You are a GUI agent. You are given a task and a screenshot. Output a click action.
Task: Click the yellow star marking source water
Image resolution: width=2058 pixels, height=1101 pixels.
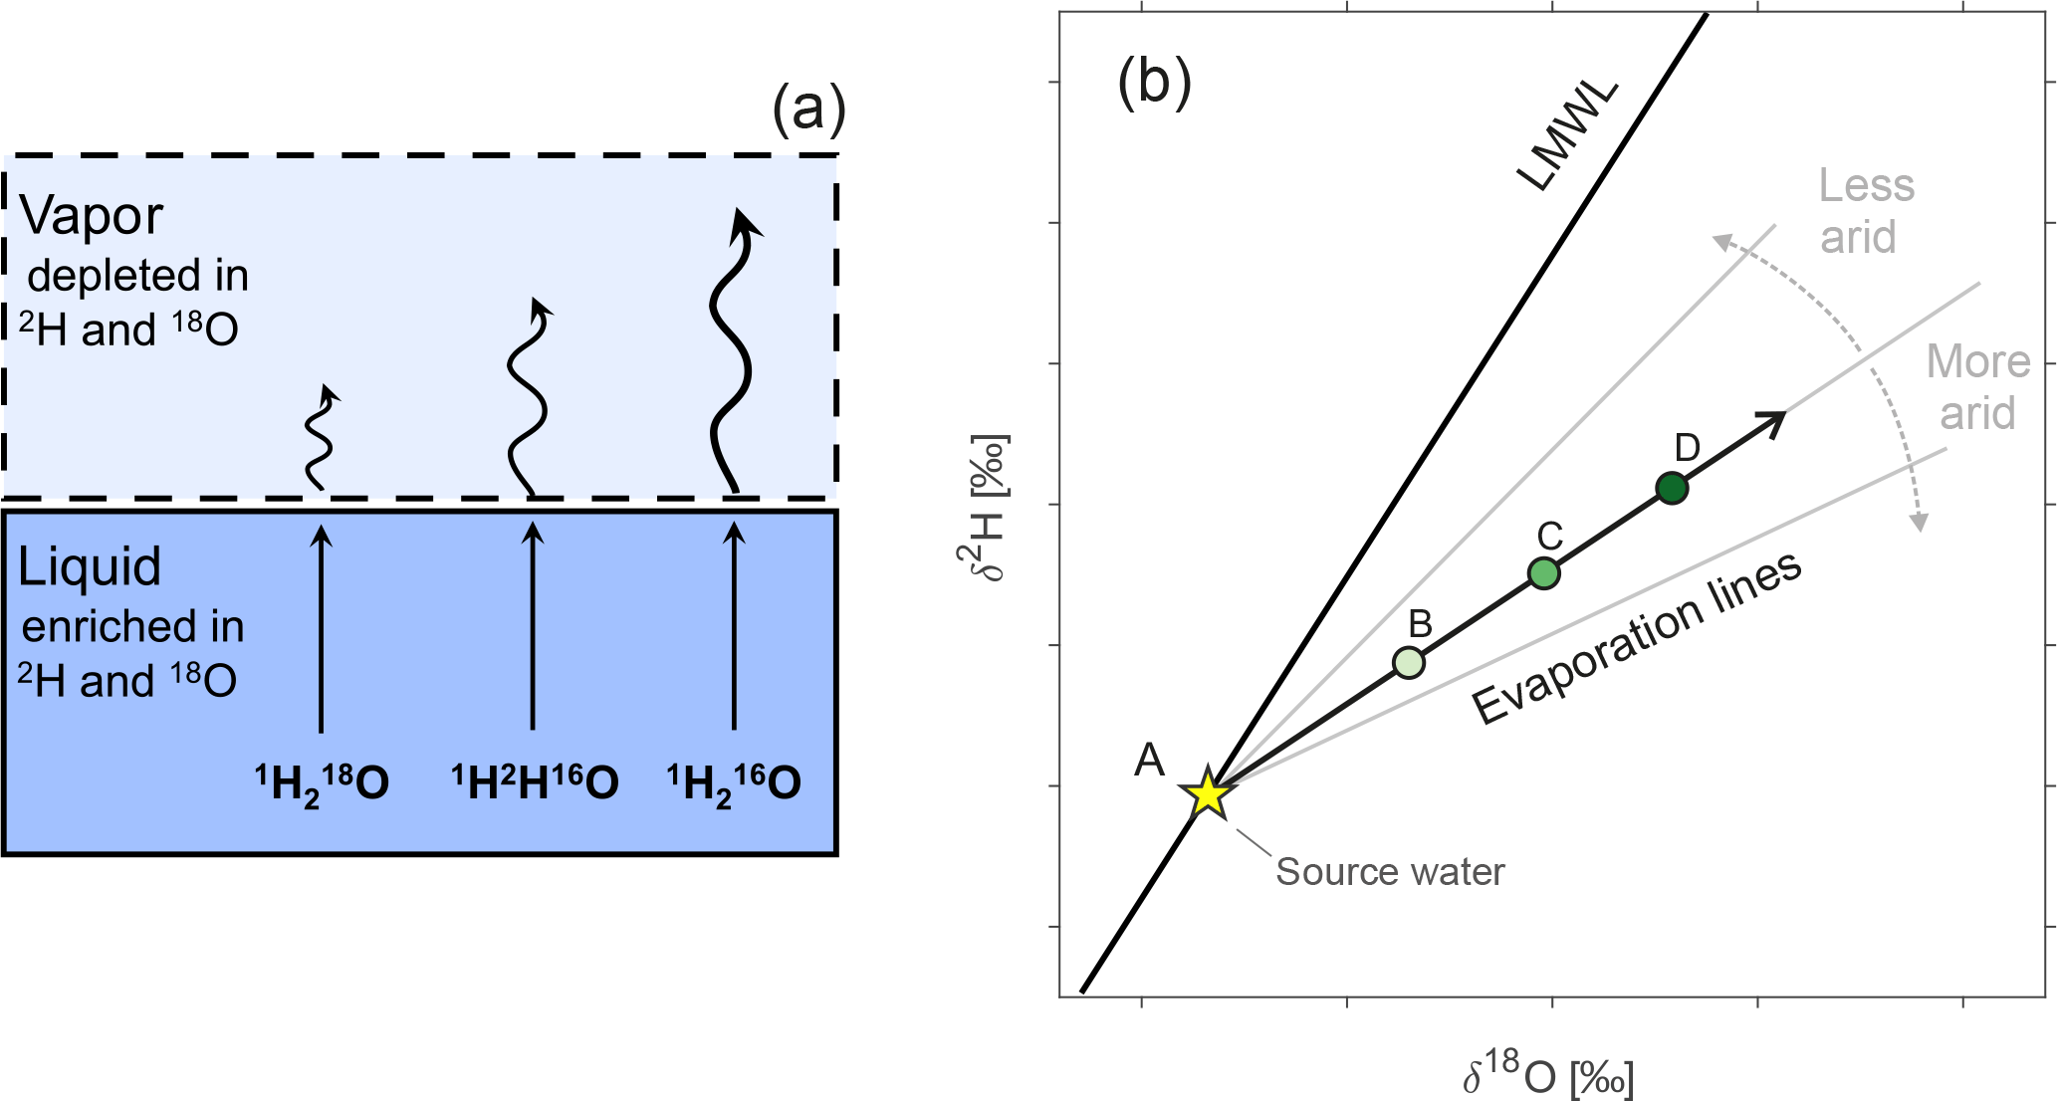(1208, 794)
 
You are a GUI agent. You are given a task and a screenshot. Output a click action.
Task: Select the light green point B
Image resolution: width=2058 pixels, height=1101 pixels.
(1408, 662)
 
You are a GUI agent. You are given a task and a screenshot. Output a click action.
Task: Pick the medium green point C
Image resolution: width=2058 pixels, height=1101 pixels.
(1543, 573)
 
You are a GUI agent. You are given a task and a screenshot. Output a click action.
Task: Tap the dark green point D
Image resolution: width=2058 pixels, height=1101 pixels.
(1672, 488)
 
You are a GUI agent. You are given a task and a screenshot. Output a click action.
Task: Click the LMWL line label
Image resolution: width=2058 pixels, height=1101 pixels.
(1567, 137)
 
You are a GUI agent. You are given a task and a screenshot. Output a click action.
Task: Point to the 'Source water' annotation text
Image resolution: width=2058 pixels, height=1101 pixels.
(1390, 872)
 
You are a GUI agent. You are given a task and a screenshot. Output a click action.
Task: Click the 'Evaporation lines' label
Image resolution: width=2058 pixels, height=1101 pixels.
(1637, 637)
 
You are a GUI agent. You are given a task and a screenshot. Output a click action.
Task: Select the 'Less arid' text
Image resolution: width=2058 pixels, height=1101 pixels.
(1865, 211)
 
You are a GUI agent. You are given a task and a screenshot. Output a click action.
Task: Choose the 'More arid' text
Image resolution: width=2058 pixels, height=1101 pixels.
(1977, 387)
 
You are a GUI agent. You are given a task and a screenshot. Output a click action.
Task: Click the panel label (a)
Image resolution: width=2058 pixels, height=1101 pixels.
(808, 109)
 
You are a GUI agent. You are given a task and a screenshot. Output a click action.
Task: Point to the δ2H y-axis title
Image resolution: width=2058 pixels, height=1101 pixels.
(989, 508)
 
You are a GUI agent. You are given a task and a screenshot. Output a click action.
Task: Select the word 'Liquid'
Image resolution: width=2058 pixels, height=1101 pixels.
(90, 567)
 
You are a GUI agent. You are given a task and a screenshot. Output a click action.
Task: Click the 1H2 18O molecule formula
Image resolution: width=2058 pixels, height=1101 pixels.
(322, 783)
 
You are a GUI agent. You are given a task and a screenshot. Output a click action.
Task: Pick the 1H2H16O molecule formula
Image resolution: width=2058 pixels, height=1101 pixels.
(535, 783)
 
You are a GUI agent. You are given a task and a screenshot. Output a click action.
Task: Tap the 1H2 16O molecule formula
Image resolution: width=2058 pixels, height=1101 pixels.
(734, 783)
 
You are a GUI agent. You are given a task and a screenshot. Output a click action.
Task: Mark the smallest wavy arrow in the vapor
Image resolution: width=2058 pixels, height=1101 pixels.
(320, 438)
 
